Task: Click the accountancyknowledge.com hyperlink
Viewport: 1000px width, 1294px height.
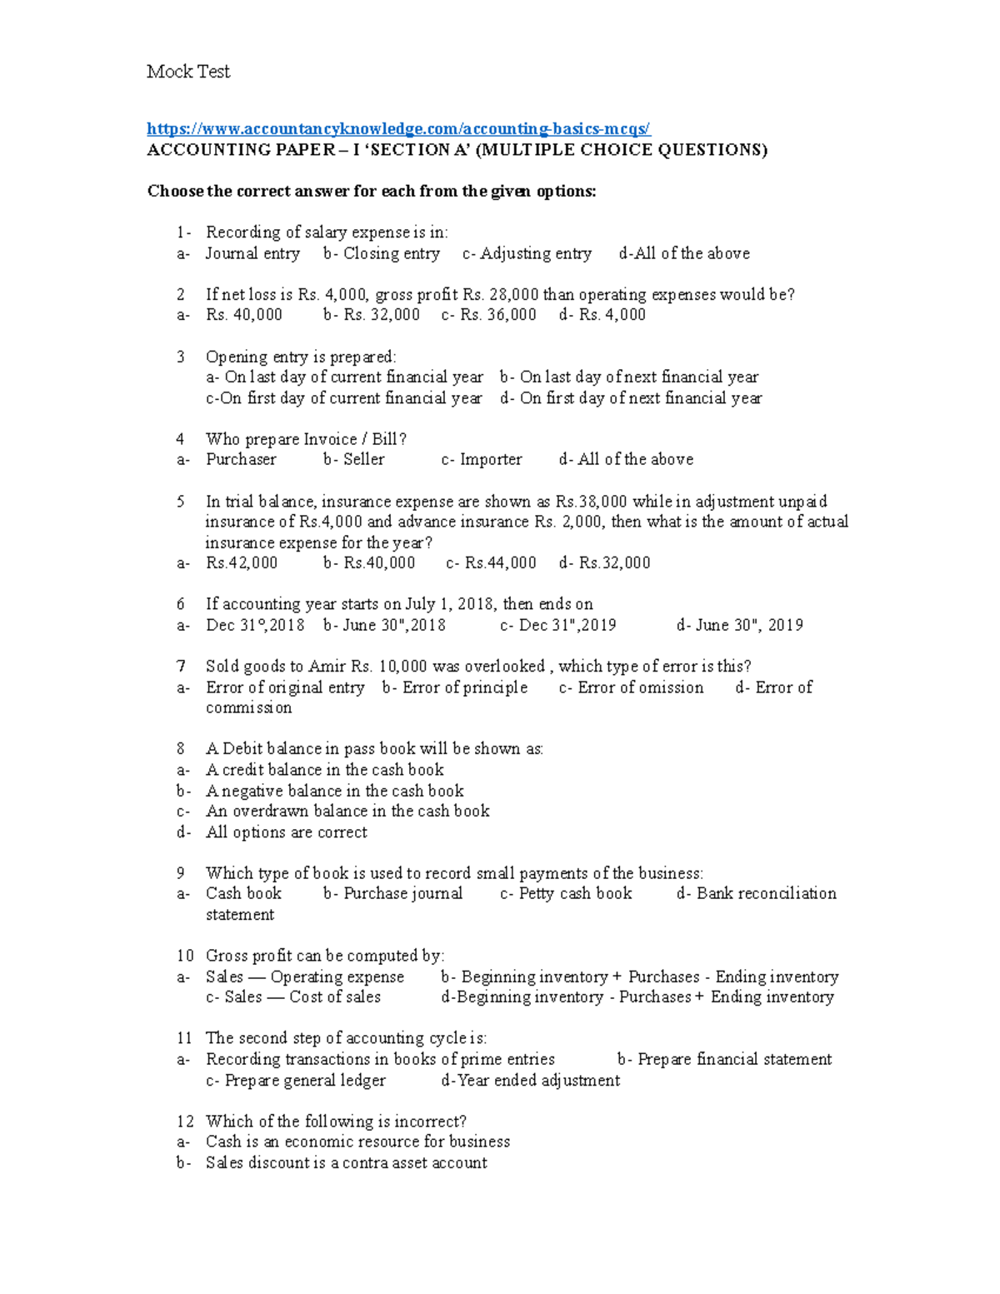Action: tap(398, 128)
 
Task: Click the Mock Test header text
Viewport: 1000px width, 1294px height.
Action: tap(188, 72)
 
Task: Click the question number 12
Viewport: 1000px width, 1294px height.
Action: tap(185, 1122)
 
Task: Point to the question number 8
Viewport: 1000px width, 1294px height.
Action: tap(181, 749)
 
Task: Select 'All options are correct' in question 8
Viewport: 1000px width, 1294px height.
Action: tap(287, 832)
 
